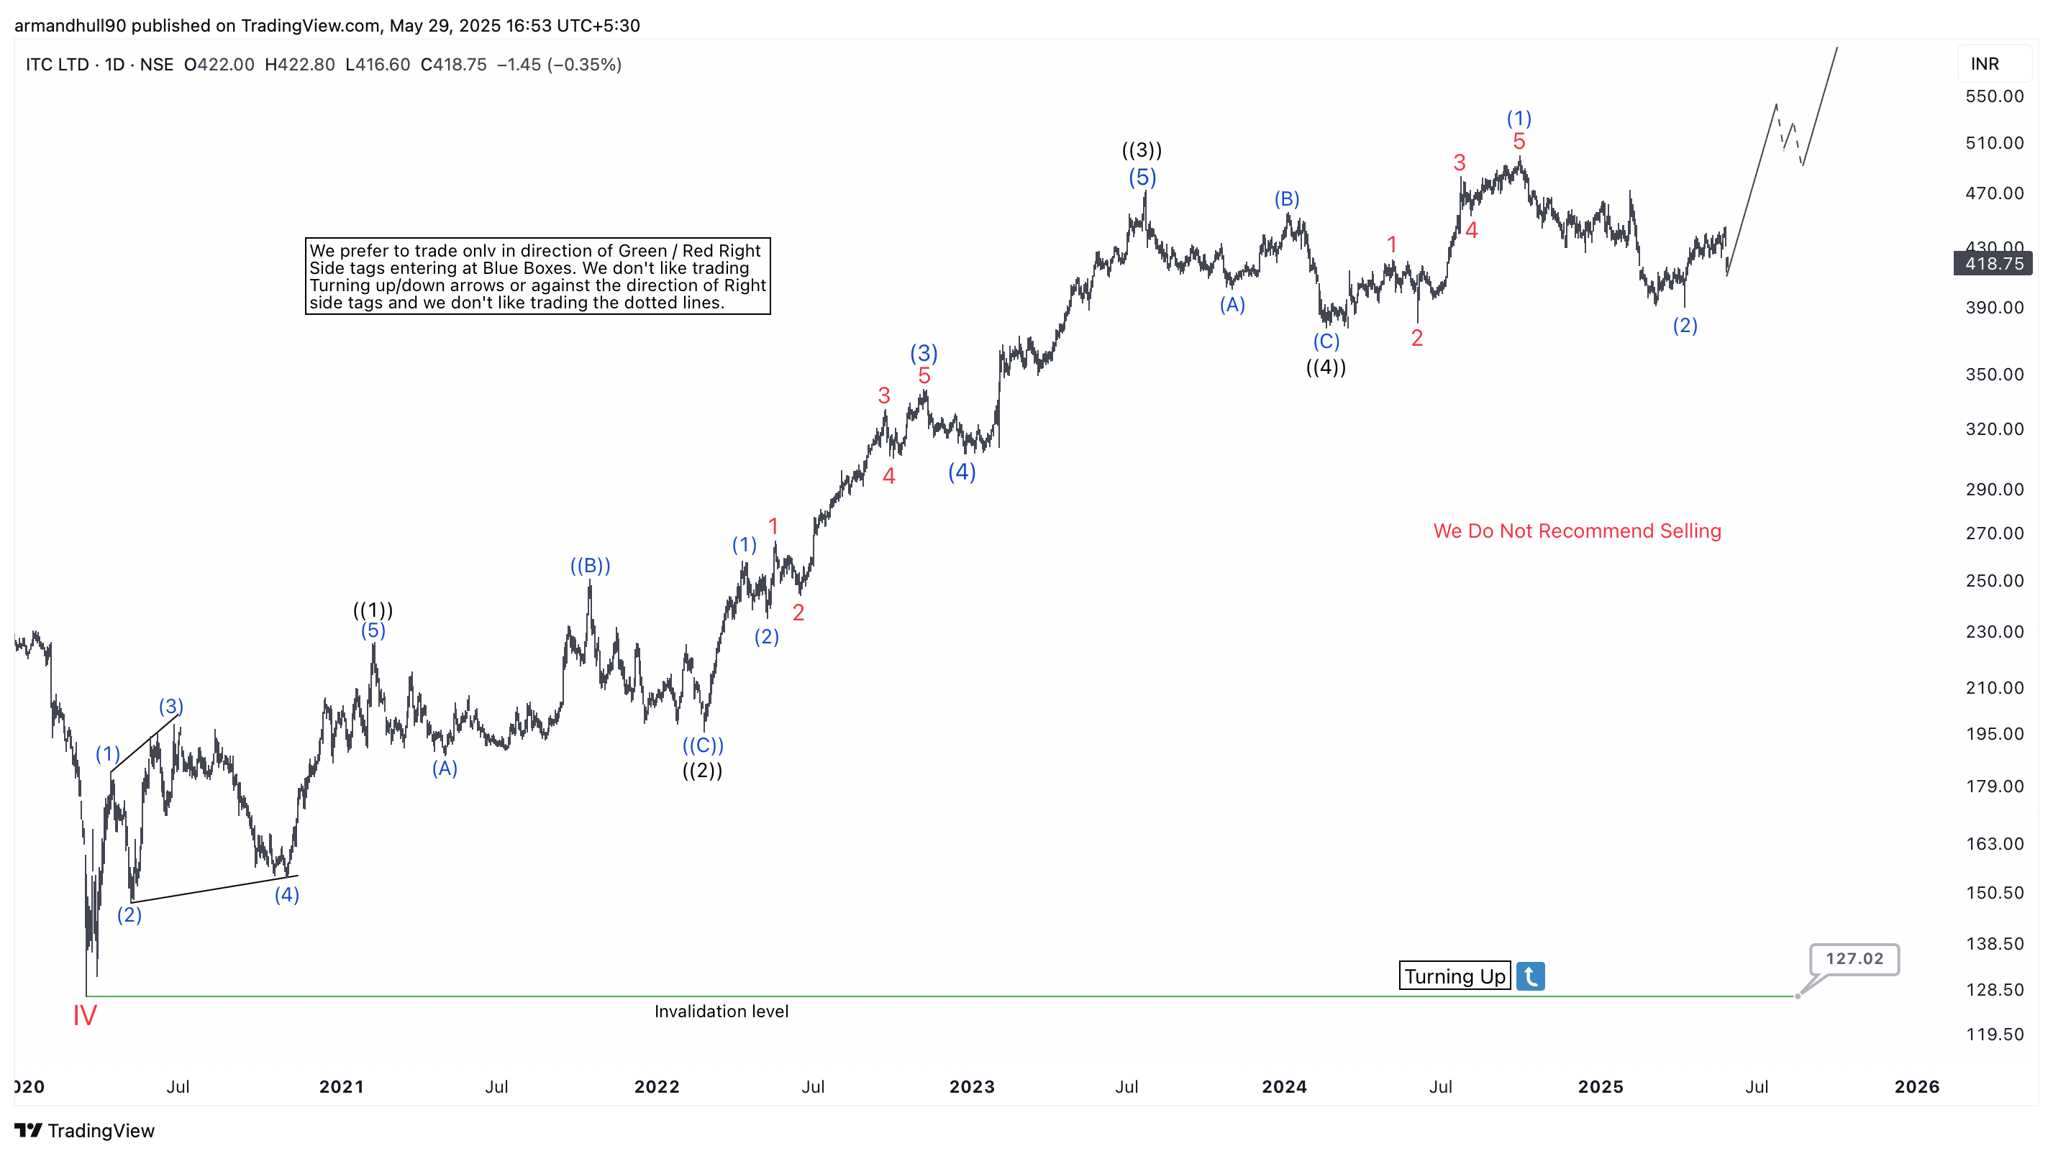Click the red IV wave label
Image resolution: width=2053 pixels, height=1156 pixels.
84,1015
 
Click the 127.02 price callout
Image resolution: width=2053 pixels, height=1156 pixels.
1854,958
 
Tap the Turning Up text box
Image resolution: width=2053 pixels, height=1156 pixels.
1454,976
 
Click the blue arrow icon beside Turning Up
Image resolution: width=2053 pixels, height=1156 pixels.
1530,976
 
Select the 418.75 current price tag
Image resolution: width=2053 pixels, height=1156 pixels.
1993,264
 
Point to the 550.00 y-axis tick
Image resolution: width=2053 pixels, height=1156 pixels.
1994,96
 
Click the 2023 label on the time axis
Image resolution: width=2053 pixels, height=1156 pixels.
972,1087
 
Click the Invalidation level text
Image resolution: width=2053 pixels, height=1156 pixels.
721,1011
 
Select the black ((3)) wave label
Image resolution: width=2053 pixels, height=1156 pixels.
1142,150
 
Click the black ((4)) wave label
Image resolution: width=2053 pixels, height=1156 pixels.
1325,367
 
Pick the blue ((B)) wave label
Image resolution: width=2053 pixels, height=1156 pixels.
590,566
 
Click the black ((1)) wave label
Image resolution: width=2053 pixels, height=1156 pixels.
373,610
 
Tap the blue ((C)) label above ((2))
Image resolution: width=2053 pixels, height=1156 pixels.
703,746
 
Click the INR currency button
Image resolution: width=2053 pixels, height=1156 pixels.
1985,64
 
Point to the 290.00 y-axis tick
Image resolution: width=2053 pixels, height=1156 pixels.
1994,489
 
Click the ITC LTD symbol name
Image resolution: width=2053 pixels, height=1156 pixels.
57,65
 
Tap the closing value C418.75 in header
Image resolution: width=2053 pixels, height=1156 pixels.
453,65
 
